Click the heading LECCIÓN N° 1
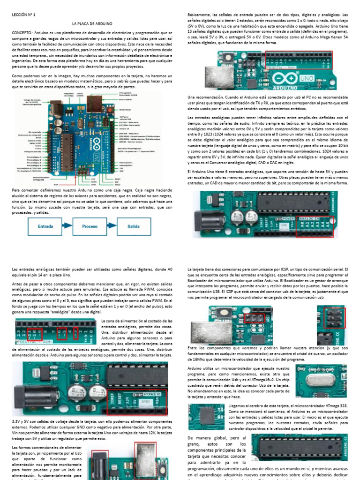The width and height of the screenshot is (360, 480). point(23,15)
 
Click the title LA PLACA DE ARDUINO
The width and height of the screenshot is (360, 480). point(92,23)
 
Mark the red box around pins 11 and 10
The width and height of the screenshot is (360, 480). point(36,334)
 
